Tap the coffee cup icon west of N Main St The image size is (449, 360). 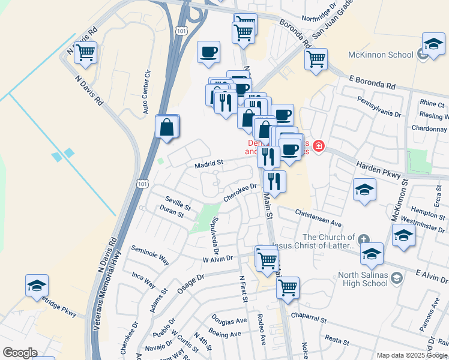208,52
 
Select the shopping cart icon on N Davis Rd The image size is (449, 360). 85,52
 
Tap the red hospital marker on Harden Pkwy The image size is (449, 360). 318,146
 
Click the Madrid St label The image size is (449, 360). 208,162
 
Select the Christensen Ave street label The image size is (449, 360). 318,218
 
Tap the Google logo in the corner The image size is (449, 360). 20,353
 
